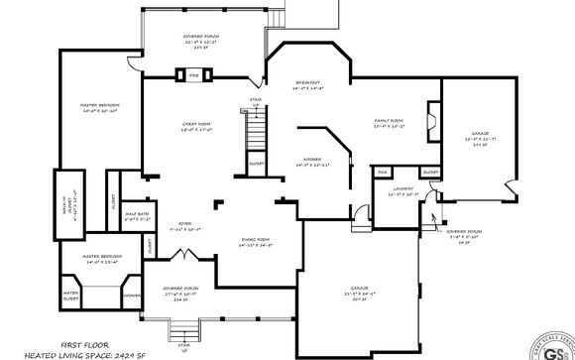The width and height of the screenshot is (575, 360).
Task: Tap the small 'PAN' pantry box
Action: (x=382, y=173)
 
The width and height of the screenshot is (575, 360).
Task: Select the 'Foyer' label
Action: (x=184, y=225)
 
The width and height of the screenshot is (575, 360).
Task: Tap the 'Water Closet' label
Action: (x=71, y=295)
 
